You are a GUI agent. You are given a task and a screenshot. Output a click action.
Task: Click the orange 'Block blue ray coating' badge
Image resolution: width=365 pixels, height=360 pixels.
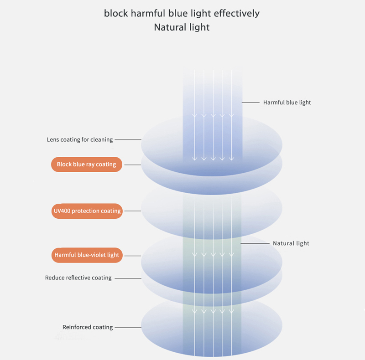(x=87, y=165)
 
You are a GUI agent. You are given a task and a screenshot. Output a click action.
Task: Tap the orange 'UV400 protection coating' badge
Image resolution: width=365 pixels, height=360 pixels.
(x=87, y=211)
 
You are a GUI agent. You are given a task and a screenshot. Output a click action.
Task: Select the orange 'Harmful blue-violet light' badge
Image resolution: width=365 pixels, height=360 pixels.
(x=87, y=255)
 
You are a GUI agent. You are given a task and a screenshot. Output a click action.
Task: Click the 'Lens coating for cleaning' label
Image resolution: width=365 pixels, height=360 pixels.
(x=80, y=139)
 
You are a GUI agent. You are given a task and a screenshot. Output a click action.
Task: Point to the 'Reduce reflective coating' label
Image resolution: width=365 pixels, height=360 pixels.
(x=78, y=278)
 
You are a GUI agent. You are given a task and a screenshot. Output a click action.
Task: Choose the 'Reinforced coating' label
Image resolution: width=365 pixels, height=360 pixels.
(x=88, y=327)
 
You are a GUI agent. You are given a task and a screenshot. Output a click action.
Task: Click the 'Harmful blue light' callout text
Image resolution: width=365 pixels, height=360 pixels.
(x=287, y=103)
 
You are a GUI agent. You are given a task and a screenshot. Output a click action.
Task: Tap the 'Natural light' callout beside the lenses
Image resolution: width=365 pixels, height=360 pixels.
(x=291, y=243)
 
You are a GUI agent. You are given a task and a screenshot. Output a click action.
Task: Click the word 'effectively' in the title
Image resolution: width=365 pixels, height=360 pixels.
(x=237, y=13)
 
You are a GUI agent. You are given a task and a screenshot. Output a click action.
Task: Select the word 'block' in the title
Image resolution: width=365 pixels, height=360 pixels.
(x=116, y=13)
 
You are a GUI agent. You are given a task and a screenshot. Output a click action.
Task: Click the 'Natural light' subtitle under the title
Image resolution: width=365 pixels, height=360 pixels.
(x=182, y=27)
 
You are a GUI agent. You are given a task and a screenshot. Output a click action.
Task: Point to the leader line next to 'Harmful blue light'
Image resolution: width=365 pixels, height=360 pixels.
(x=250, y=103)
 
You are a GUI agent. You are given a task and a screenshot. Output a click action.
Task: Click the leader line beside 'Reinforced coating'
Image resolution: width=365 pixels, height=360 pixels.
(x=128, y=328)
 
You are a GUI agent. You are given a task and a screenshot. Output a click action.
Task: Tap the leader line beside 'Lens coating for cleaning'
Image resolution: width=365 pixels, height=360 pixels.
(x=128, y=139)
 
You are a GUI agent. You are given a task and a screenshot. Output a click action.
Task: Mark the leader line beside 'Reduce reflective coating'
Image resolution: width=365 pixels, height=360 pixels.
(x=128, y=278)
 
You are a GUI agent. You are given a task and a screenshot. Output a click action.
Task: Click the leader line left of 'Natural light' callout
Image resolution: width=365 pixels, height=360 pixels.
(x=255, y=243)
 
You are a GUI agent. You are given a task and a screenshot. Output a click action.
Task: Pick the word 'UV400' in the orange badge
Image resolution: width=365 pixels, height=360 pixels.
(x=62, y=211)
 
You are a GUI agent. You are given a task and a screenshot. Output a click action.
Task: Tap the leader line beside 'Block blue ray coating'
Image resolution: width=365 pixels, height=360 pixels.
(x=133, y=165)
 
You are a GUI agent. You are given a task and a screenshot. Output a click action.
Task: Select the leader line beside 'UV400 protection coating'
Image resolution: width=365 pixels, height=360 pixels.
(x=133, y=211)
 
